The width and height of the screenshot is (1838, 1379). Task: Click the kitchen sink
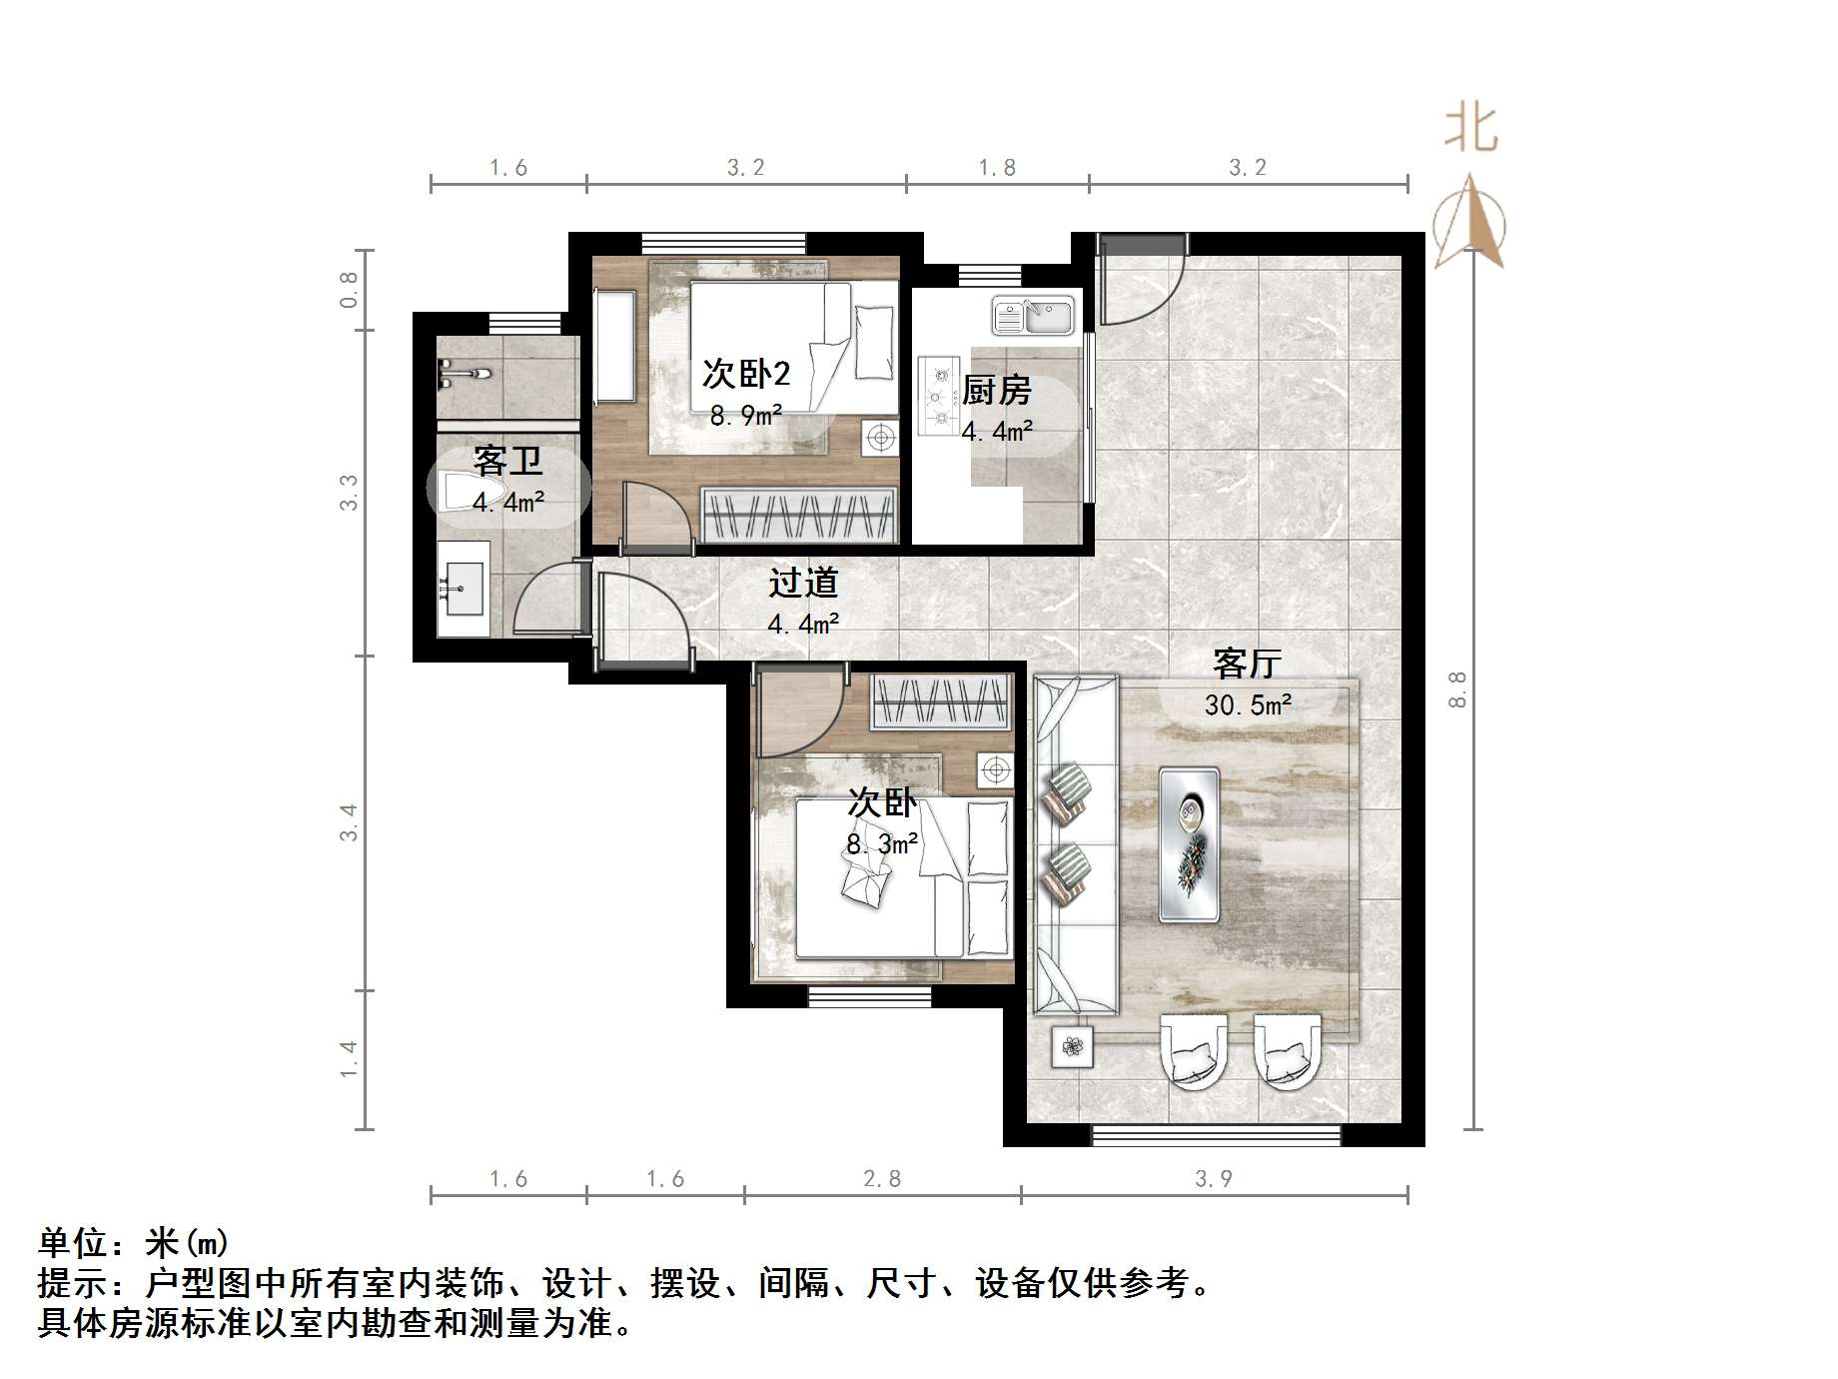click(x=1032, y=316)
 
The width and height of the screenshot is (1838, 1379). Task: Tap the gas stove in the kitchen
click(x=938, y=396)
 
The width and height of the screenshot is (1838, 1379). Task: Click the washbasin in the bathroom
click(x=462, y=589)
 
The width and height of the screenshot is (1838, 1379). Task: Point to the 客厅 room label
click(x=1247, y=663)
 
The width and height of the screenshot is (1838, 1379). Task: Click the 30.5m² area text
click(x=1247, y=705)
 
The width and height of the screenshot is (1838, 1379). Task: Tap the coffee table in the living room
click(x=1189, y=844)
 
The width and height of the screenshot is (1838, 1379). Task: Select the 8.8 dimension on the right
click(x=1457, y=689)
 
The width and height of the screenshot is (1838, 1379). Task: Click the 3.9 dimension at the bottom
click(x=1213, y=1179)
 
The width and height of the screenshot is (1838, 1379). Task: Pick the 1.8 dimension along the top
click(x=997, y=168)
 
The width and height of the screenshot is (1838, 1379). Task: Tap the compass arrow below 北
click(x=1469, y=222)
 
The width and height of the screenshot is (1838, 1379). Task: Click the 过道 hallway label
click(x=802, y=583)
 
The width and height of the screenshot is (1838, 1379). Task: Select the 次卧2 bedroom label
click(x=745, y=374)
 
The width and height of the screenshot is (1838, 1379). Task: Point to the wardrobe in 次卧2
click(x=798, y=516)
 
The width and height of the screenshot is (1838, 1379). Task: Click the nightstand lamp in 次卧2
click(x=880, y=438)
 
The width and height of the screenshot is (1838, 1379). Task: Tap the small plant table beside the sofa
click(x=1072, y=1047)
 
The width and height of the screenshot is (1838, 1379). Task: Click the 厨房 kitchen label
click(x=996, y=390)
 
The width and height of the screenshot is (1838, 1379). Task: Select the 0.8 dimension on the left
click(x=349, y=290)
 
